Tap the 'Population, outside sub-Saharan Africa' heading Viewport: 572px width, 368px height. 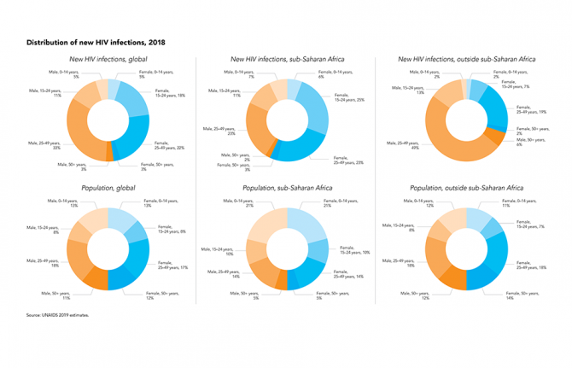click(467, 186)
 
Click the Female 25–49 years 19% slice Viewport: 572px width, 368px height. click(493, 114)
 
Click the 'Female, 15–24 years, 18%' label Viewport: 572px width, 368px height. click(168, 92)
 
